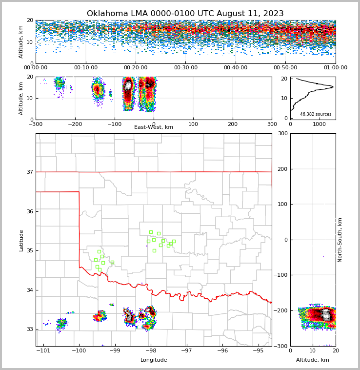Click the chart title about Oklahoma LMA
185,14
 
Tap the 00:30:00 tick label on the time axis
185,68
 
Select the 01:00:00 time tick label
335,68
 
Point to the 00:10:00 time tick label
85,68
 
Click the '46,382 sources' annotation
316,114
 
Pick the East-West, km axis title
154,127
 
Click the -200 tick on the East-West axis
75,124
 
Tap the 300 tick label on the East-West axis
272,124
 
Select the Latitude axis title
21,240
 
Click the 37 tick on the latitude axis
29,172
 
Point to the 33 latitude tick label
29,329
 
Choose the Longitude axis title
154,360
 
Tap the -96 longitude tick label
222,350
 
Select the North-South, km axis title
340,240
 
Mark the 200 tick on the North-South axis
283,169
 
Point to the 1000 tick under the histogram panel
319,124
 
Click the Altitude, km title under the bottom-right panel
313,360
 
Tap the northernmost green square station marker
151,232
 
